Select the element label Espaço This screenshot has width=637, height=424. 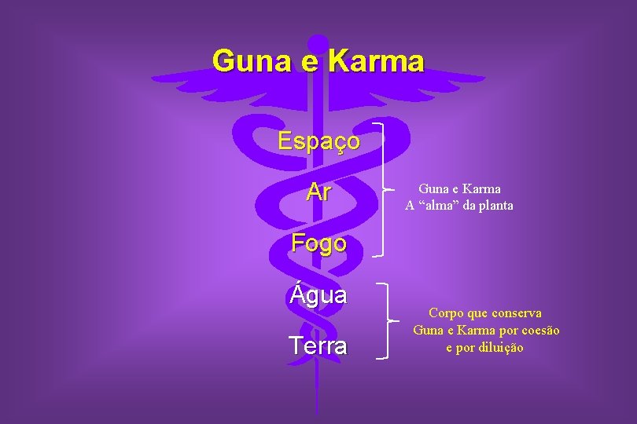point(318,141)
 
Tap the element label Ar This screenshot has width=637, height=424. point(318,192)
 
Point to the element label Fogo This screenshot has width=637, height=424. point(318,243)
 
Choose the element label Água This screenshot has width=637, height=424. point(318,295)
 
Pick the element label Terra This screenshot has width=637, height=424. point(318,345)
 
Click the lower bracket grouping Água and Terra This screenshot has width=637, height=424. point(385,320)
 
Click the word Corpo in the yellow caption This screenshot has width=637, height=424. point(446,313)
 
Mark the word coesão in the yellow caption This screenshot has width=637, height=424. point(539,331)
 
